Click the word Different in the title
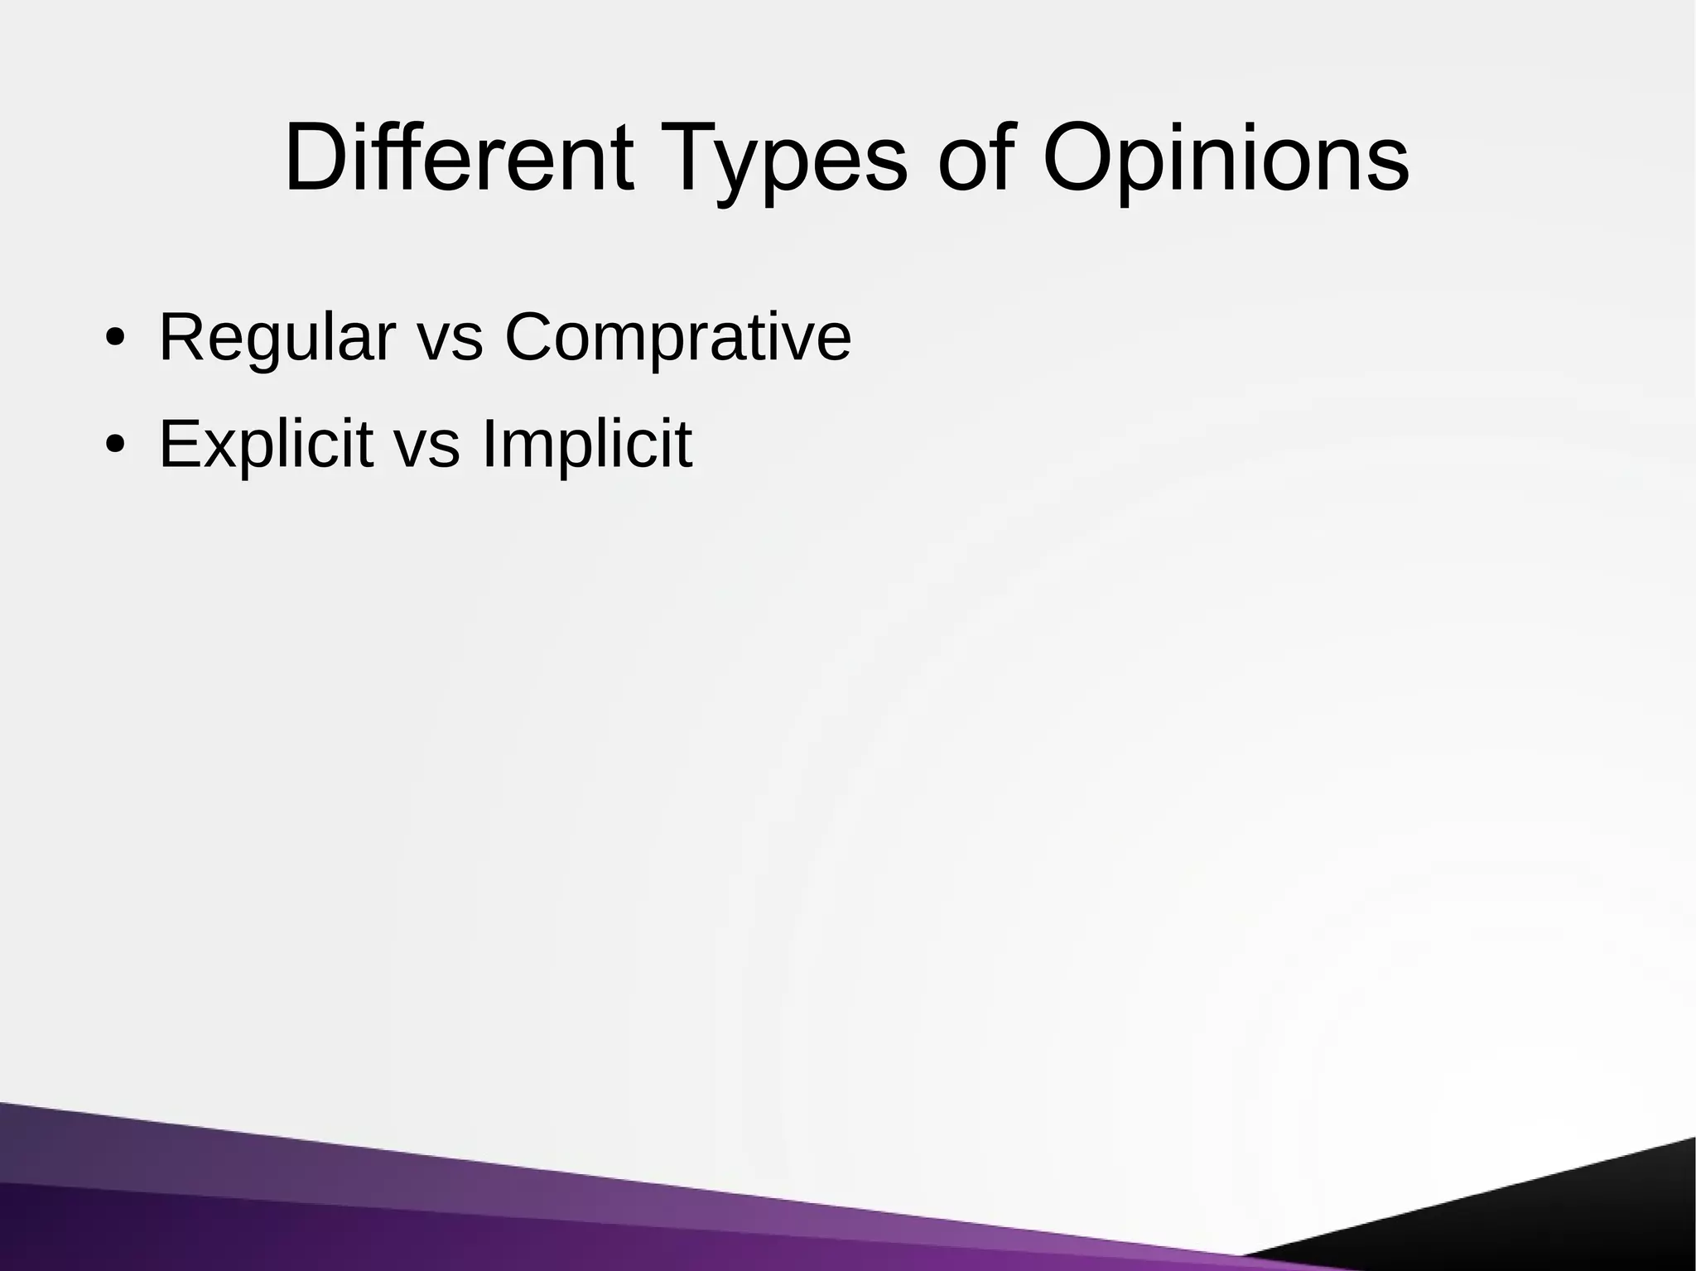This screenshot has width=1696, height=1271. pos(459,157)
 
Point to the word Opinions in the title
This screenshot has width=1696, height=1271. pos(1225,157)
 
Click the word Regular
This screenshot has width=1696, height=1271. pos(277,338)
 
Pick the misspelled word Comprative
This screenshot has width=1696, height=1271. pos(677,338)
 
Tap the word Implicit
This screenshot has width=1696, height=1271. pos(585,445)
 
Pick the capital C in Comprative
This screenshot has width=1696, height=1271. pos(532,338)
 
